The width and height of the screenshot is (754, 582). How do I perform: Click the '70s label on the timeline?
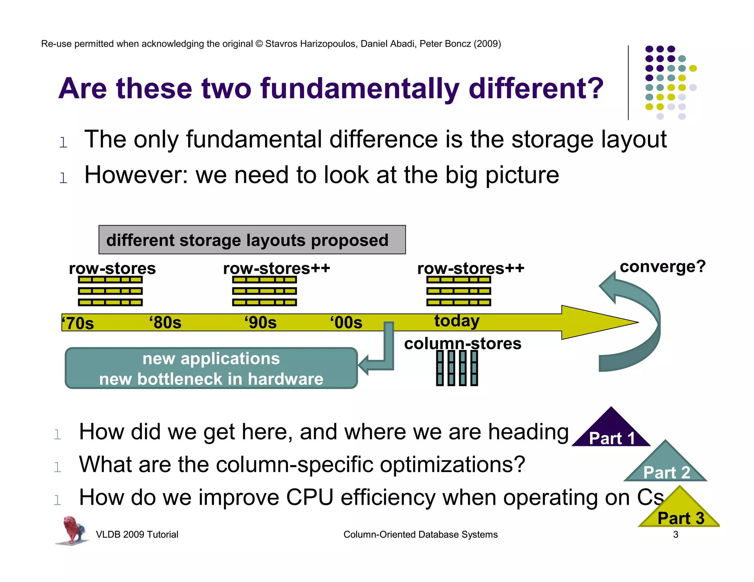pos(78,323)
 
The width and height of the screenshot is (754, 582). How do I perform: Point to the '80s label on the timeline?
pos(165,323)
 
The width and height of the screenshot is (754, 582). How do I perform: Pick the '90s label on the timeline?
pos(261,323)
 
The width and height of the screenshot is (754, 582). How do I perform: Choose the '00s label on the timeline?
pos(346,323)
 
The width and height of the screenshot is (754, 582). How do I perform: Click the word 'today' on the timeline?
pos(457,321)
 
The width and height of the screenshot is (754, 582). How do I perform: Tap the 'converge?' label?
pos(662,266)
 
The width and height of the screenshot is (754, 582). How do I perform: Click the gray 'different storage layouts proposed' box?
pos(252,240)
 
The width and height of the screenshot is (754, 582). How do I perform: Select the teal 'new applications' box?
pos(211,368)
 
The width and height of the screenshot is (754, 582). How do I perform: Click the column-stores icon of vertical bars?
pos(457,368)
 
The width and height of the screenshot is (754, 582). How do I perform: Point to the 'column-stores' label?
pos(462,344)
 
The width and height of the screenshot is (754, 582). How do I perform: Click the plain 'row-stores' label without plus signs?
pos(112,268)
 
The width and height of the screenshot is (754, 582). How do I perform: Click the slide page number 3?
pos(676,535)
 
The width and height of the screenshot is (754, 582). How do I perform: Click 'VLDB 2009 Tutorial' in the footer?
pos(137,535)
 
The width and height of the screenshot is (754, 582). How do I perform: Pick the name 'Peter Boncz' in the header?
pos(445,44)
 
